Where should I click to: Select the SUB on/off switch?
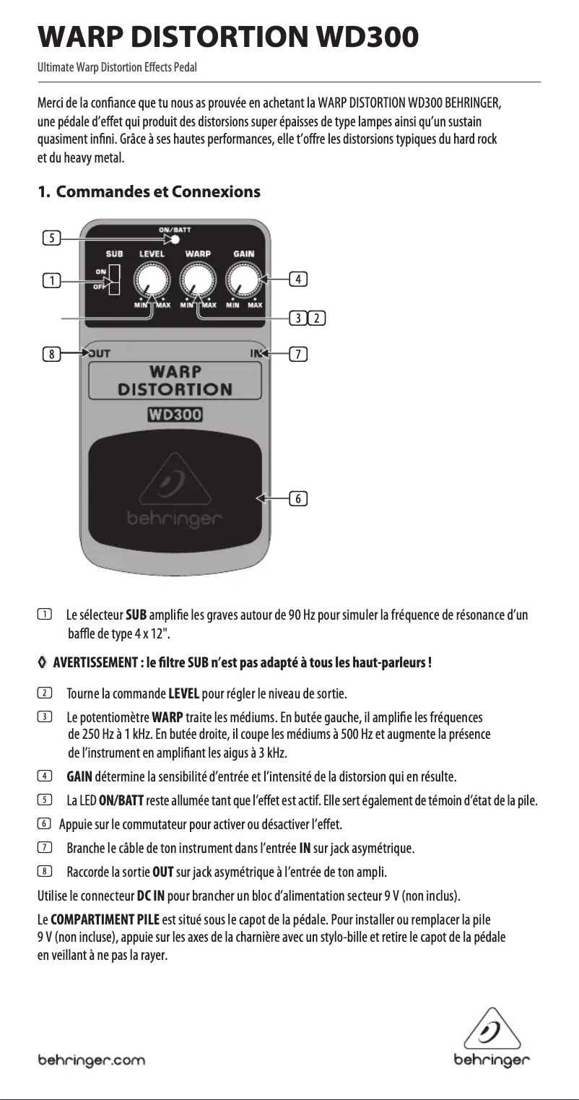pyautogui.click(x=114, y=280)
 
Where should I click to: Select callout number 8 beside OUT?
pyautogui.click(x=50, y=354)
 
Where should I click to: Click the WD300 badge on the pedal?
pyautogui.click(x=174, y=415)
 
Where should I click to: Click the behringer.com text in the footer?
pyautogui.click(x=91, y=1060)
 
